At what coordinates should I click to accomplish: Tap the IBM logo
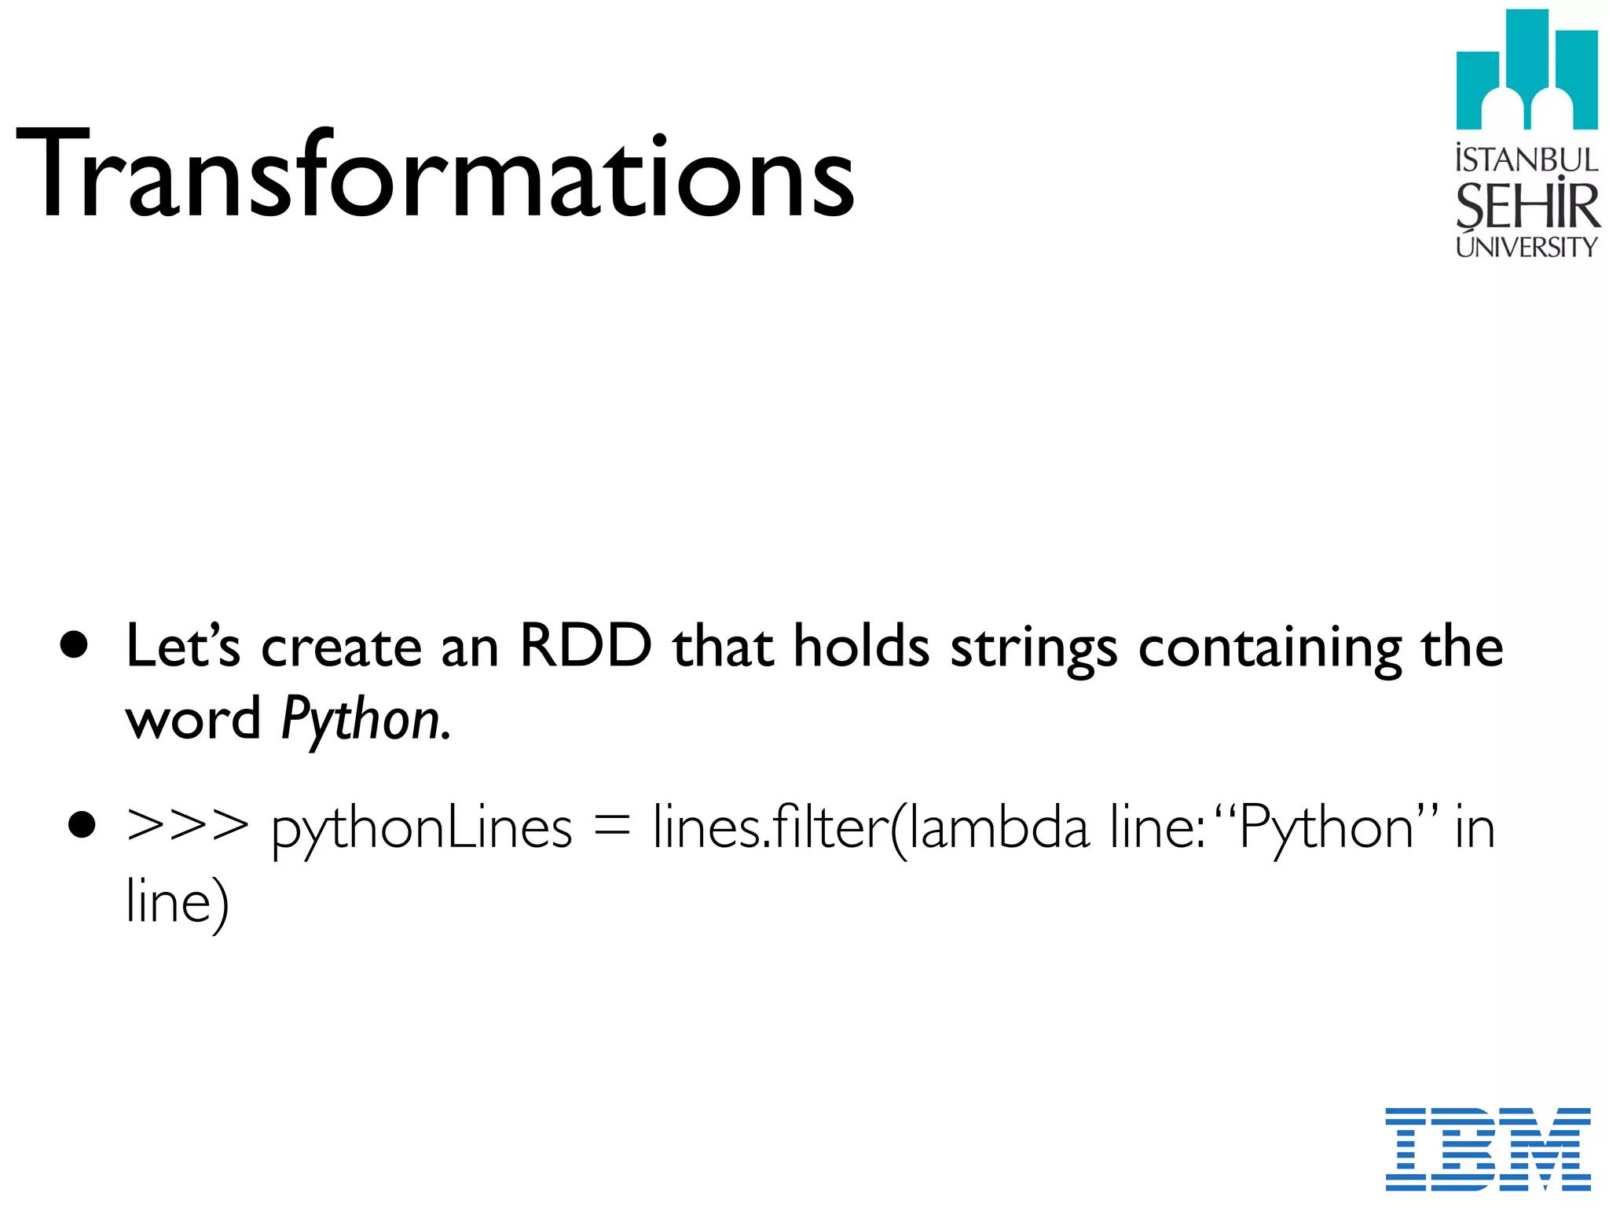(x=1487, y=1148)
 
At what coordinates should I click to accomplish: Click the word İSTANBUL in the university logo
(x=1527, y=160)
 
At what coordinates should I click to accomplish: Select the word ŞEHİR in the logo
(x=1527, y=206)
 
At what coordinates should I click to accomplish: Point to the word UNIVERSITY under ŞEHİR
(x=1527, y=248)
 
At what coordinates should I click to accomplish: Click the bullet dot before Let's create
(x=75, y=646)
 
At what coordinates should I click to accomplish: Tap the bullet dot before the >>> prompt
(x=81, y=826)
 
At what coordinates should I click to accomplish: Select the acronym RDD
(x=585, y=646)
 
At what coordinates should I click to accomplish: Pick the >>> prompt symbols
(x=187, y=827)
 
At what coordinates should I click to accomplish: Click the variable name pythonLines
(x=421, y=830)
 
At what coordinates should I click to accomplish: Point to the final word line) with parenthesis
(x=178, y=902)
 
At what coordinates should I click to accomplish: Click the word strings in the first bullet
(x=1033, y=649)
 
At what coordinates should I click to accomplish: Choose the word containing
(x=1270, y=649)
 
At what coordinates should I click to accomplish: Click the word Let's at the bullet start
(x=182, y=646)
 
